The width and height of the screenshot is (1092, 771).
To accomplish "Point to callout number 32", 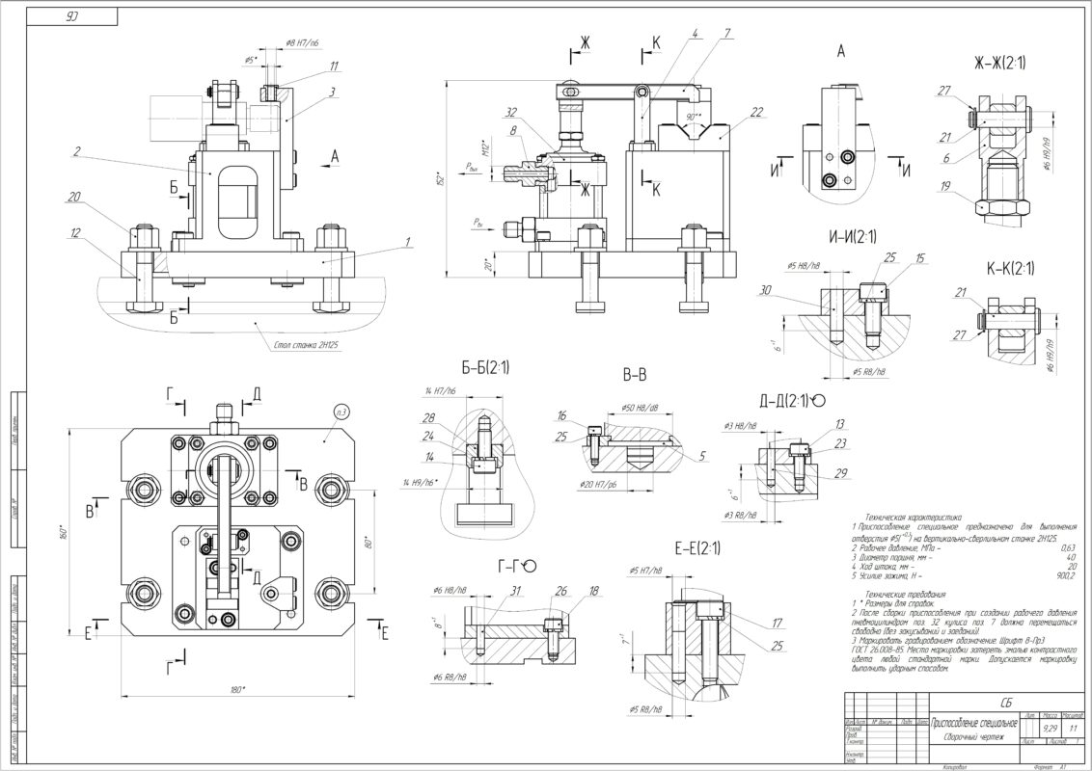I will point(510,112).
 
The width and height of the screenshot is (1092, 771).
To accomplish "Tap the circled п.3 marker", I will point(341,412).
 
